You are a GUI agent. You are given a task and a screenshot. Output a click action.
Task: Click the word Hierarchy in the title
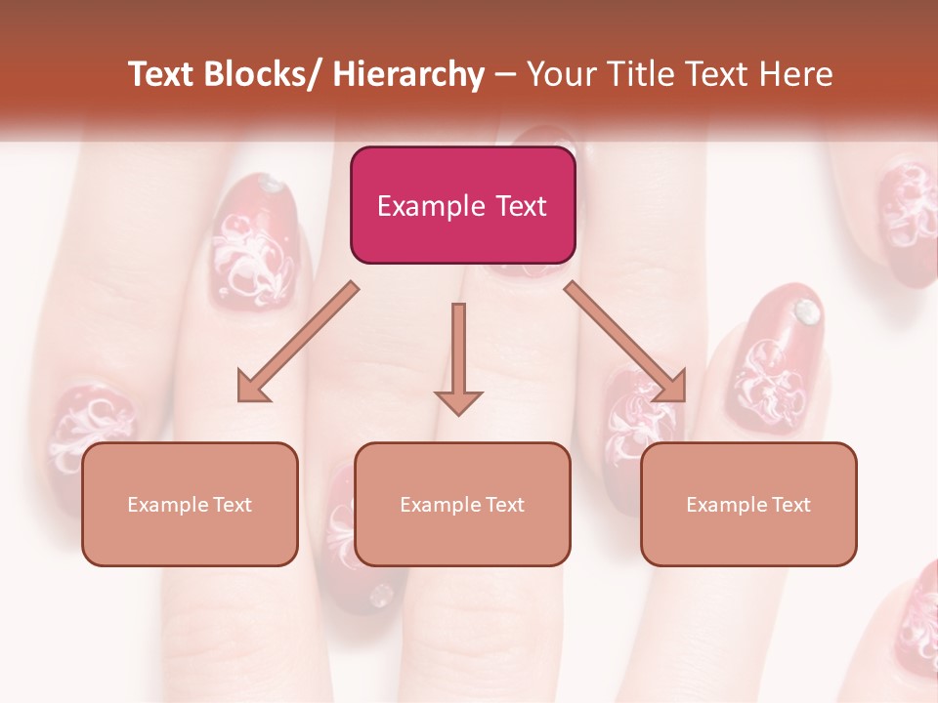[408, 74]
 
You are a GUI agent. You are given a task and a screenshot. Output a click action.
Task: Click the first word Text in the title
[162, 74]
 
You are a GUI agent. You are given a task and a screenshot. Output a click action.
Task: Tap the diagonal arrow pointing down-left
[297, 342]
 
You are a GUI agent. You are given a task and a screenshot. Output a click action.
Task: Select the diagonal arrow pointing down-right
[626, 342]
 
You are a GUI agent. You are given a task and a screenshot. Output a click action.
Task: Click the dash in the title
[505, 74]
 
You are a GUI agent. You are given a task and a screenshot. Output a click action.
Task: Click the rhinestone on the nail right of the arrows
[806, 311]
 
